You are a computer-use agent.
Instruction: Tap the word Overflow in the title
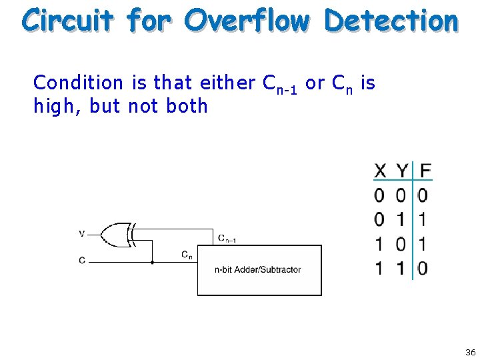click(x=247, y=20)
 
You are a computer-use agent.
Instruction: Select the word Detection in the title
click(x=391, y=20)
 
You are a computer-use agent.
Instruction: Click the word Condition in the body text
click(x=78, y=83)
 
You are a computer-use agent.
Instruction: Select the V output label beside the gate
click(x=81, y=233)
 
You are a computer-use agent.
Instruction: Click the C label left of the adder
click(x=82, y=261)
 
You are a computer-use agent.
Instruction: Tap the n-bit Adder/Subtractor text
click(x=257, y=270)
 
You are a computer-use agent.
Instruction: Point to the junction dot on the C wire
click(x=153, y=262)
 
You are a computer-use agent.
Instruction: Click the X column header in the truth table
click(x=380, y=171)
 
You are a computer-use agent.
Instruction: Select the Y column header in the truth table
click(x=401, y=171)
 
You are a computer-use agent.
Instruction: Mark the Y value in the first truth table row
click(x=401, y=195)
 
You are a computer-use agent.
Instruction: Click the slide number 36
click(x=471, y=352)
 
